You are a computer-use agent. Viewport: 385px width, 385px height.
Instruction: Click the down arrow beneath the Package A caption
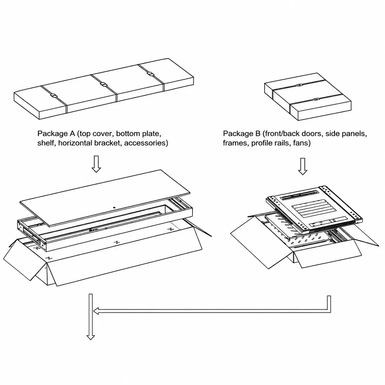(96, 164)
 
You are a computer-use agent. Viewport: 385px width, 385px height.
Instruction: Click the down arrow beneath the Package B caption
(302, 166)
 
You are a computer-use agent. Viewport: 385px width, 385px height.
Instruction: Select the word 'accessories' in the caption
(146, 143)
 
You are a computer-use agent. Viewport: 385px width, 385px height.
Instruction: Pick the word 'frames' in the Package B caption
(235, 143)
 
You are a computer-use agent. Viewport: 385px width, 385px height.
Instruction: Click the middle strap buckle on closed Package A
(103, 84)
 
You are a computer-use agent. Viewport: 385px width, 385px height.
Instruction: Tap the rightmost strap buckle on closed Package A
(151, 74)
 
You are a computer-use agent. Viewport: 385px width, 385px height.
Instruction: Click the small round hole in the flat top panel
(114, 208)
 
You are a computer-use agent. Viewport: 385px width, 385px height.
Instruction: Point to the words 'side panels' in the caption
(346, 134)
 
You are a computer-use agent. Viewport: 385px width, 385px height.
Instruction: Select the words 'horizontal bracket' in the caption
(90, 143)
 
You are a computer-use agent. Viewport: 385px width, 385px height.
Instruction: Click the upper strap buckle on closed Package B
(299, 85)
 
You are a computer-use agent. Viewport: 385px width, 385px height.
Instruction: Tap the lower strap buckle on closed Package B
(316, 99)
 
